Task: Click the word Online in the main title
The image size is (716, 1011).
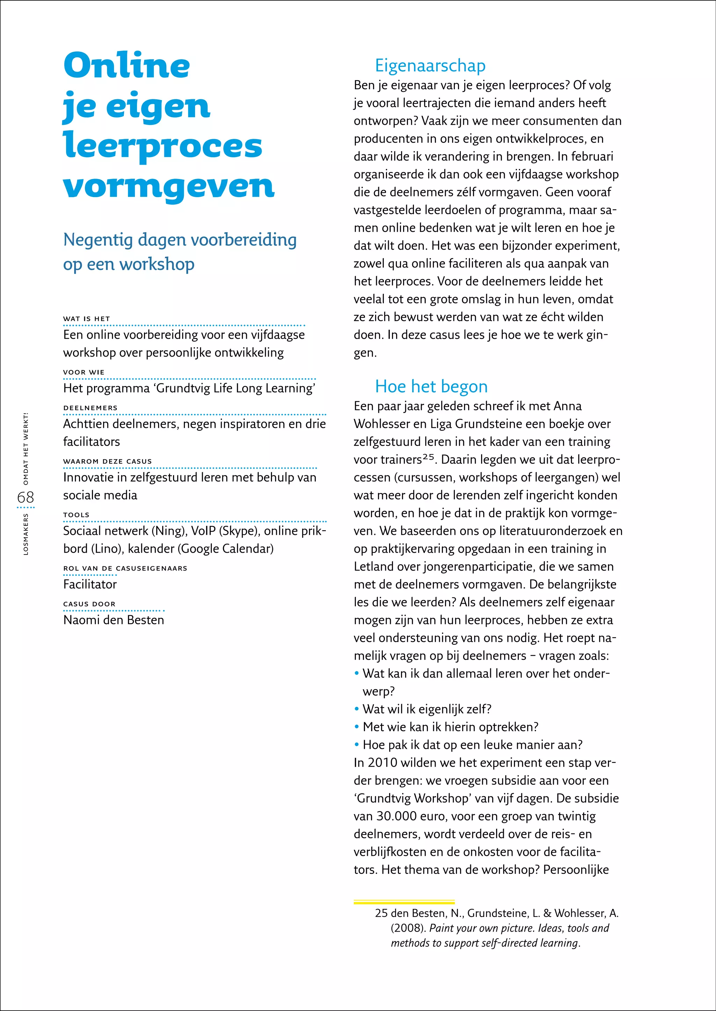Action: [127, 65]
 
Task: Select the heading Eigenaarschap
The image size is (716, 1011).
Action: [430, 65]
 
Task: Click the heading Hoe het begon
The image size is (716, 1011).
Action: [431, 386]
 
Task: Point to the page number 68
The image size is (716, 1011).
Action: [26, 497]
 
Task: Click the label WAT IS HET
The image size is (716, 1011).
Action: [86, 318]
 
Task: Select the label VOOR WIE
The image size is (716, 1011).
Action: [84, 372]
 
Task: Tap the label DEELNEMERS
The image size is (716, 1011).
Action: [91, 408]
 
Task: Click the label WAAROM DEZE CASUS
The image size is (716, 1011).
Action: [107, 461]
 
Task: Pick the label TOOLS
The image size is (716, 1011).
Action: [76, 515]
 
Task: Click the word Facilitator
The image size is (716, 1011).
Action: [90, 584]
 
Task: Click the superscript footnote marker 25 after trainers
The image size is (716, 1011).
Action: [428, 457]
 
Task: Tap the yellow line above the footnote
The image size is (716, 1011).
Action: [403, 902]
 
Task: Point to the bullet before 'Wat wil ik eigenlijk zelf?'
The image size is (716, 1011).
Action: [357, 709]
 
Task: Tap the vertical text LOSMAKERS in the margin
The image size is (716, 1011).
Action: [26, 534]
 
